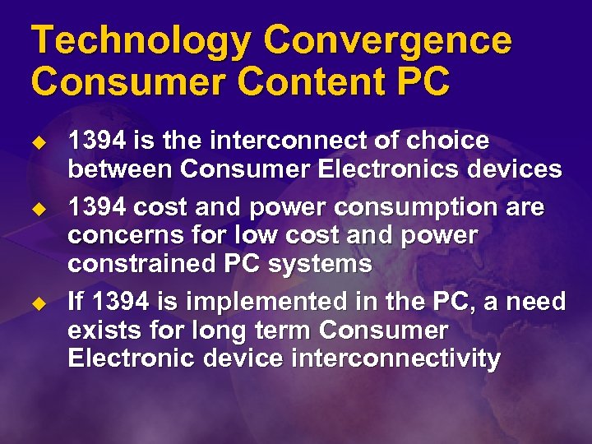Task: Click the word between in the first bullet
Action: (120, 170)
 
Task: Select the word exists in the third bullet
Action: (102, 331)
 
